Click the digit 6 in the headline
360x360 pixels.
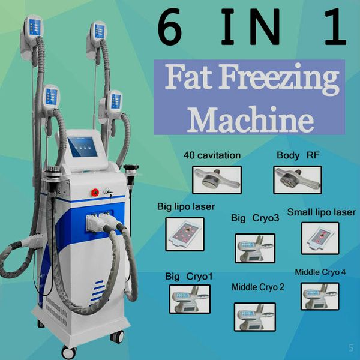click(x=170, y=28)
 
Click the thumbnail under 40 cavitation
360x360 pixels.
click(x=217, y=178)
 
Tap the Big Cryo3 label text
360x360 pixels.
click(x=255, y=218)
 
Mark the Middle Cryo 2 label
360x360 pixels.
click(x=258, y=287)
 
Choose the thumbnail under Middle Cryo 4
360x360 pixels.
click(x=319, y=296)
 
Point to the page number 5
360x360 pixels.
click(x=351, y=347)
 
